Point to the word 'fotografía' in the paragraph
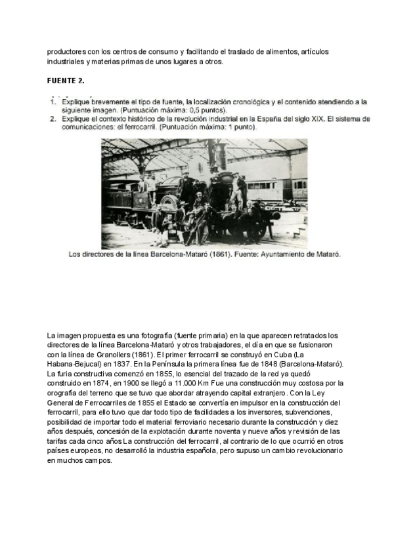(139, 336)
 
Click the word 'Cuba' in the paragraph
(271, 355)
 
